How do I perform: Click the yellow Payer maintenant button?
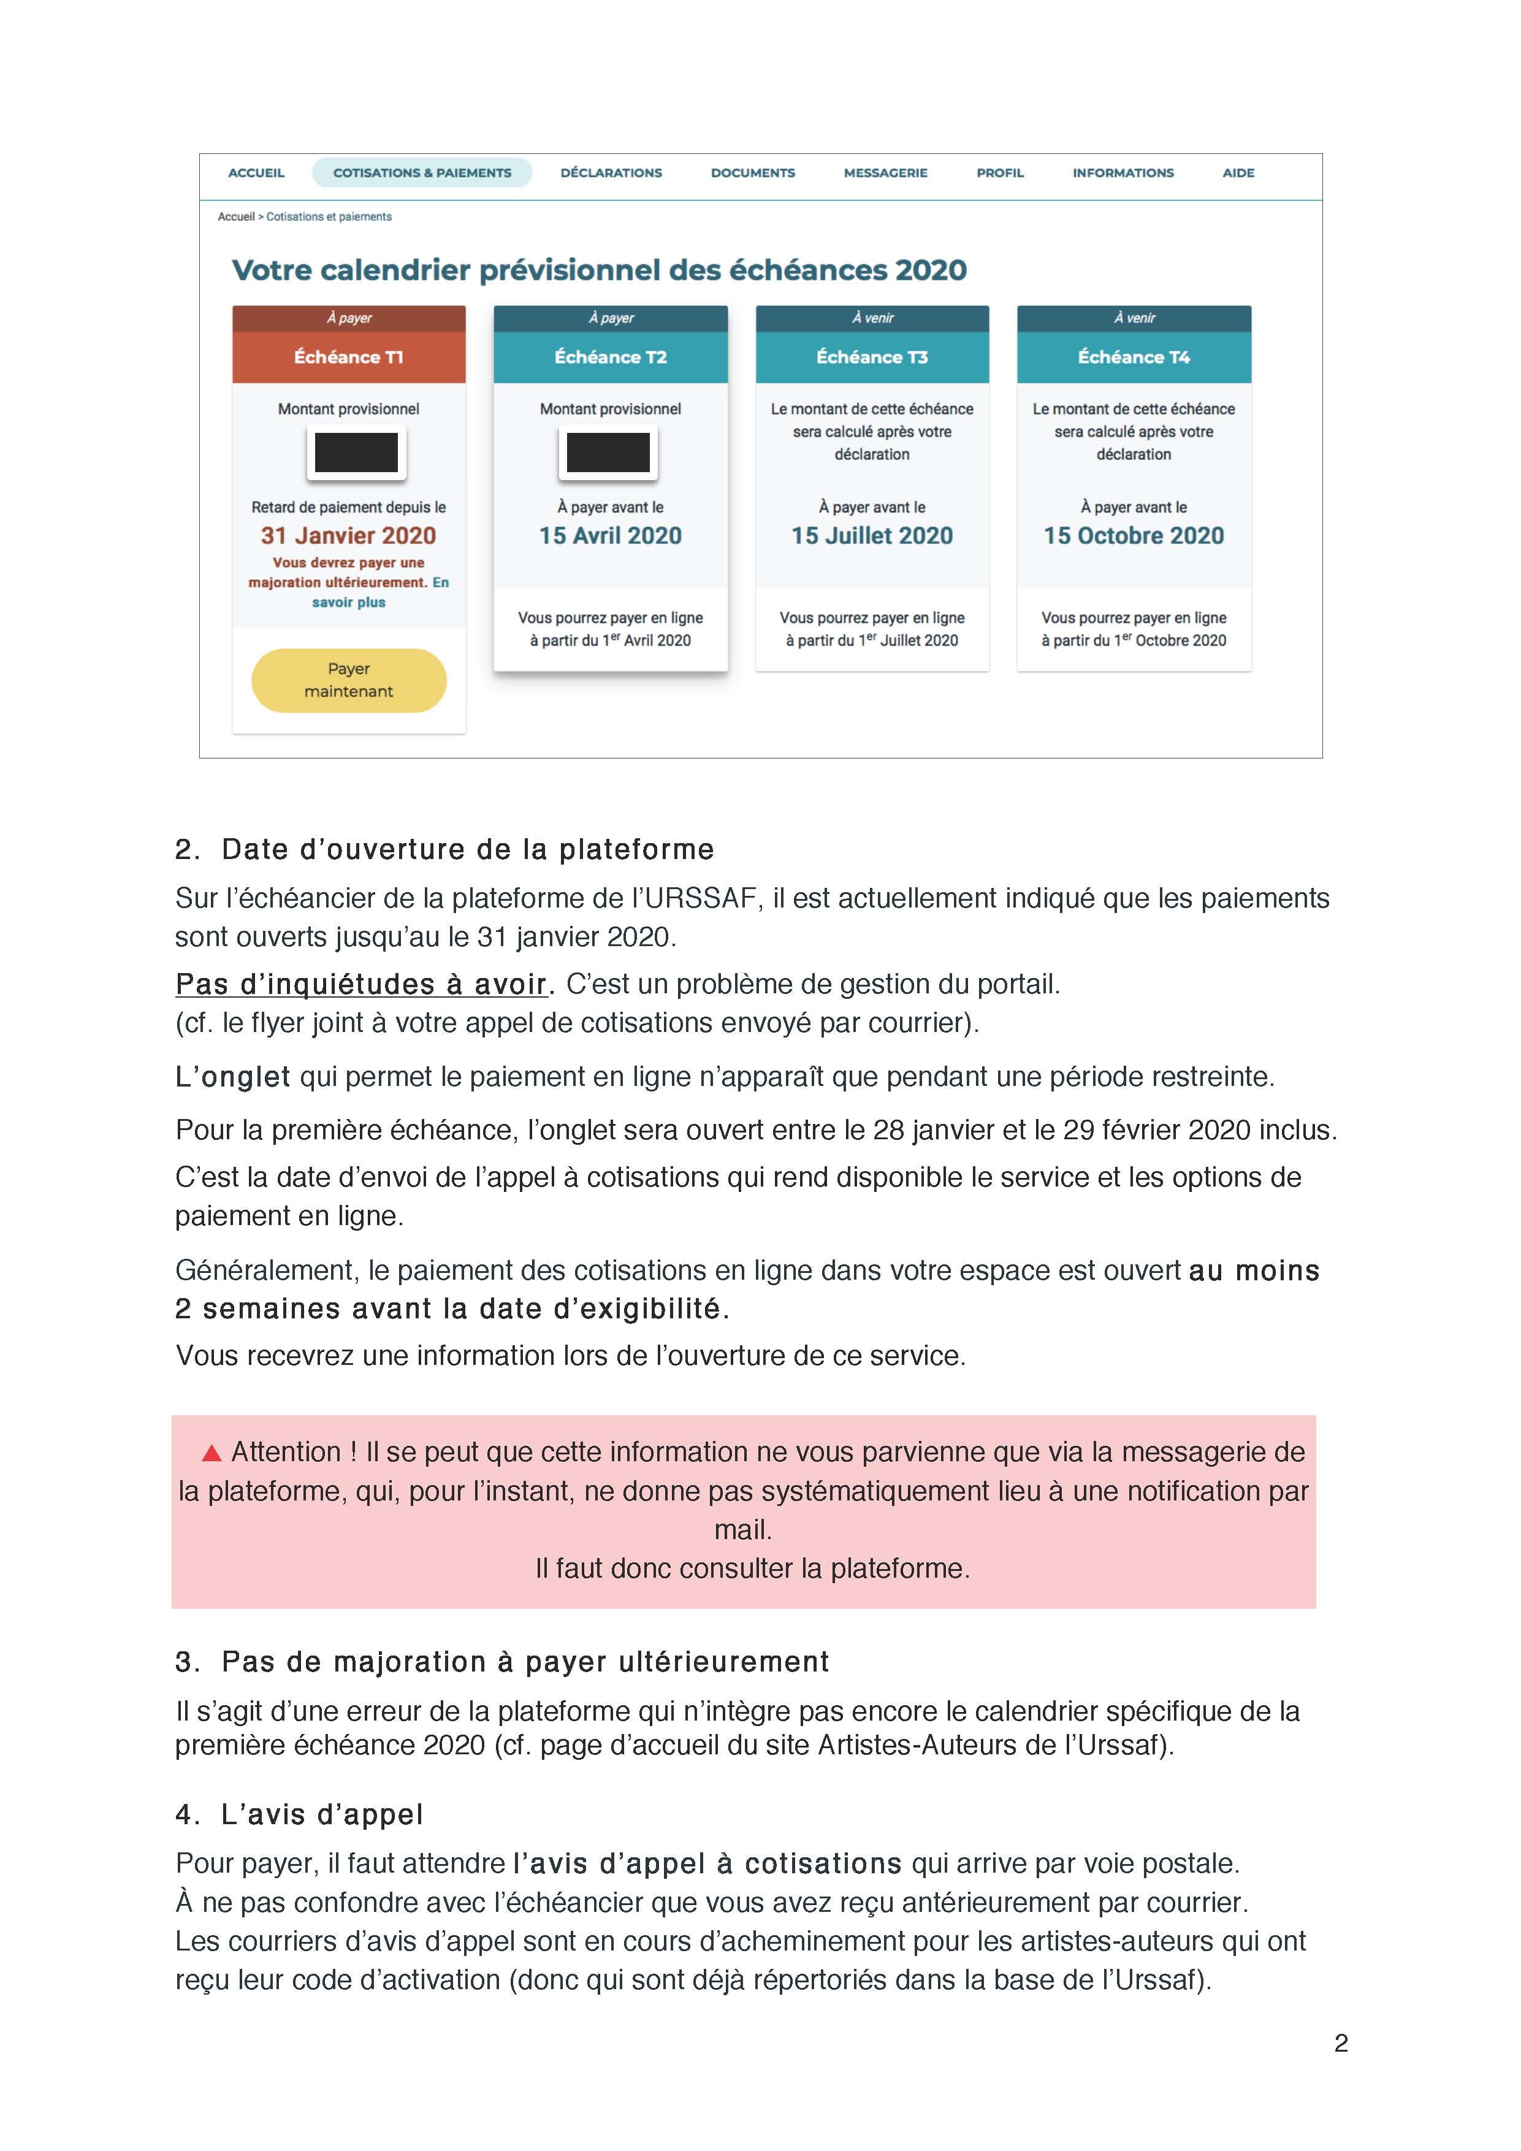click(x=348, y=680)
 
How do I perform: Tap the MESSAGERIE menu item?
click(x=885, y=172)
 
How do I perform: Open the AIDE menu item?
click(x=1238, y=172)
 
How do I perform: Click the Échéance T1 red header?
click(x=348, y=357)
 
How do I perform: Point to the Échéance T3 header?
click(x=872, y=357)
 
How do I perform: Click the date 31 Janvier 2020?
click(x=348, y=536)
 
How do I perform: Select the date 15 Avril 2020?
click(x=610, y=536)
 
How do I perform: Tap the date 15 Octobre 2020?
click(x=1134, y=536)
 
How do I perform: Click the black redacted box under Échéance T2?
click(x=609, y=453)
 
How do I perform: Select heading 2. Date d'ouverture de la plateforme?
click(x=445, y=850)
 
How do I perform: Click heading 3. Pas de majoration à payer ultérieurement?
click(x=502, y=1661)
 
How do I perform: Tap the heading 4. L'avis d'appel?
click(x=300, y=1814)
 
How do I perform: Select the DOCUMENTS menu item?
click(x=752, y=172)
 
